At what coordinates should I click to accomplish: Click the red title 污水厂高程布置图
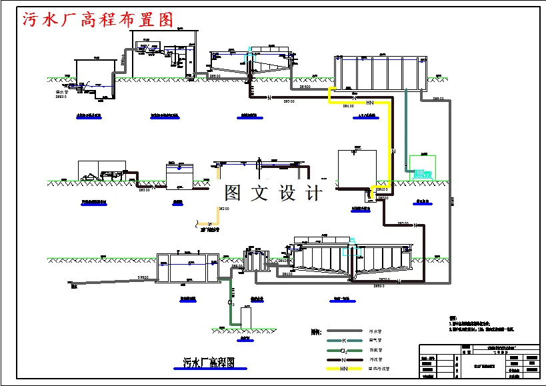pyautogui.click(x=98, y=19)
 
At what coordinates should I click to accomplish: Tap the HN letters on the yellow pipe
pyautogui.click(x=369, y=102)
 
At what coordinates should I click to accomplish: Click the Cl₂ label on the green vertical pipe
pyautogui.click(x=231, y=302)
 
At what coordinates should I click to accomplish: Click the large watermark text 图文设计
pyautogui.click(x=273, y=193)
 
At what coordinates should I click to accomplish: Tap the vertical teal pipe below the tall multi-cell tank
pyautogui.click(x=405, y=127)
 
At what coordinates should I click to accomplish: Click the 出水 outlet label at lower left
pyautogui.click(x=74, y=287)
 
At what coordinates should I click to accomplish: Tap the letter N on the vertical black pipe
pyautogui.click(x=394, y=152)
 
